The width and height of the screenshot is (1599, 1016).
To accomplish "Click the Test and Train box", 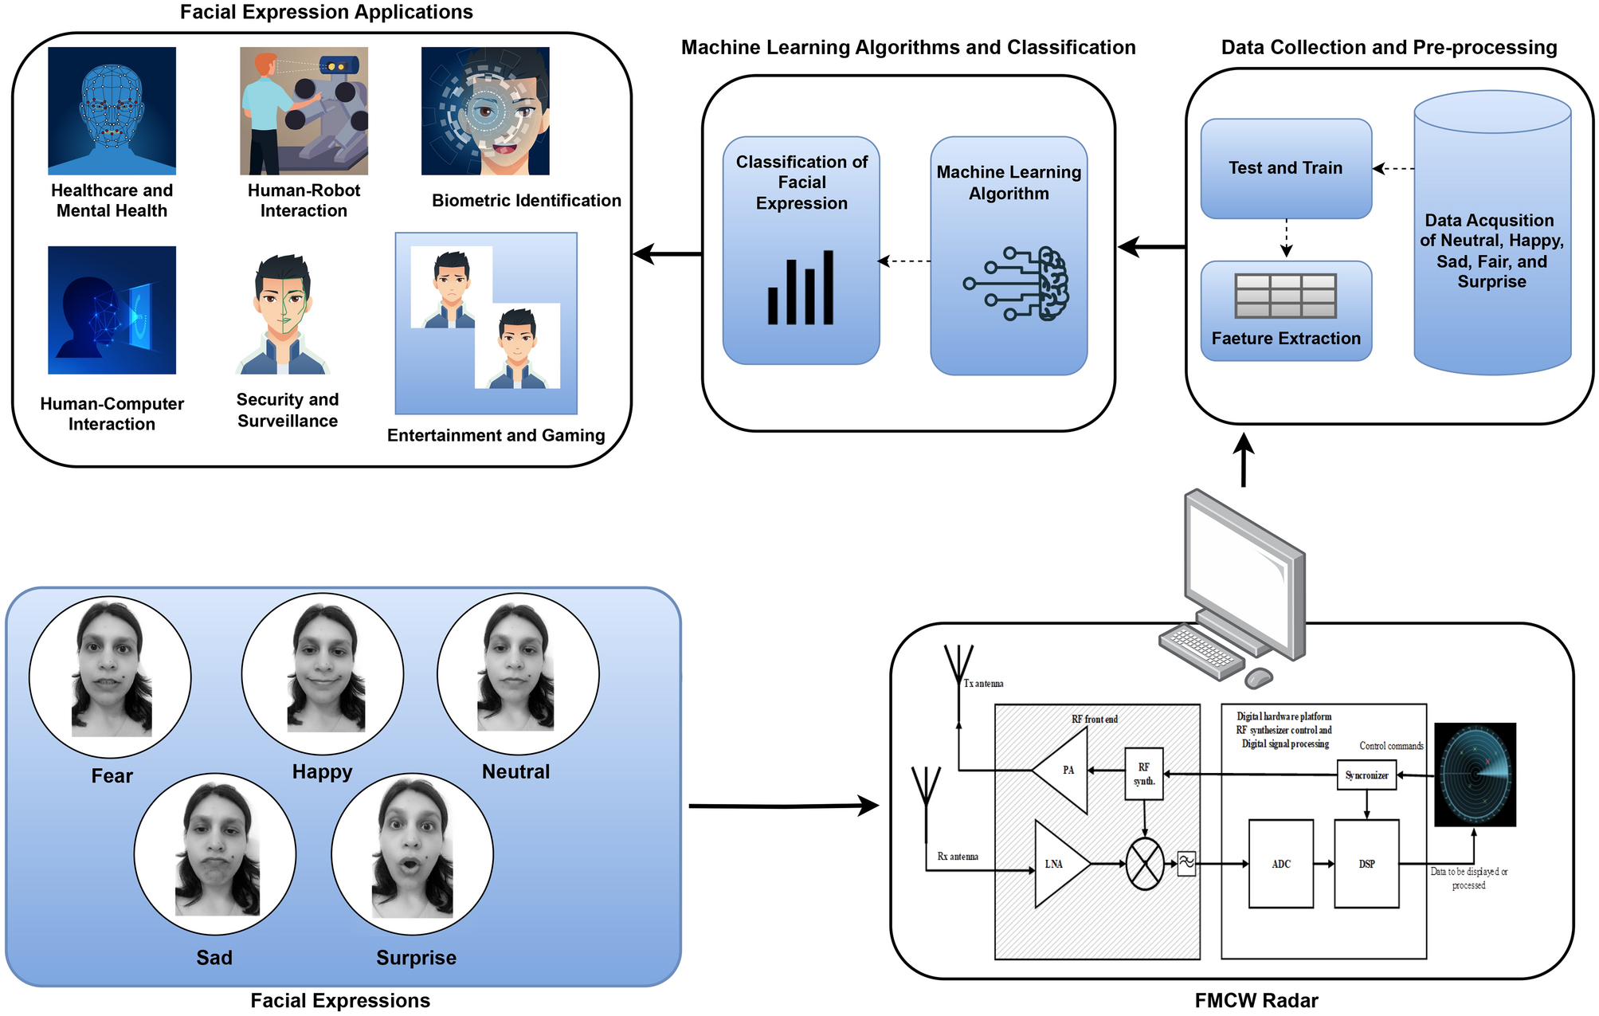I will pos(1285,168).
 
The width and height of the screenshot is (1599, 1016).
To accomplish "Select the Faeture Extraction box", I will pos(1285,311).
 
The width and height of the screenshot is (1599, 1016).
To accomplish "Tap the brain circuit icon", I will pos(1020,284).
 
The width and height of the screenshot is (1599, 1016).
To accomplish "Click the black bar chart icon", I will pos(800,288).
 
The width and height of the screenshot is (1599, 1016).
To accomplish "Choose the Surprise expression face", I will pos(412,853).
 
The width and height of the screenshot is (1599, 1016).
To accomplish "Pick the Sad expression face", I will pos(214,853).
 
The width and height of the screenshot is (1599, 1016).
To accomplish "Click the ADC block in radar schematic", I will pos(1280,864).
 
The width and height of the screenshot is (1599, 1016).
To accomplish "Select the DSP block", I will pos(1366,864).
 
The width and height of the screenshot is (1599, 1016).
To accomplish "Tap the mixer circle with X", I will pos(1145,864).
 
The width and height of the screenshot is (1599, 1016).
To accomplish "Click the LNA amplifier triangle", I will pos(1057,864).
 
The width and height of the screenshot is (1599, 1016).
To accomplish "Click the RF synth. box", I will pos(1143,774).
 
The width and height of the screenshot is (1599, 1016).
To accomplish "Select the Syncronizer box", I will pos(1366,775).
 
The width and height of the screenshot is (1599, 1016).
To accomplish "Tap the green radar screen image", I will pos(1475,774).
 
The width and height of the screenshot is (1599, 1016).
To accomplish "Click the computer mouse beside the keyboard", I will pos(1259,677).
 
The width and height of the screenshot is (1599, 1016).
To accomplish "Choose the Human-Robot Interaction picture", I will pos(304,111).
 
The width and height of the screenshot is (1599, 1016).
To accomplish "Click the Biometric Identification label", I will pos(526,201).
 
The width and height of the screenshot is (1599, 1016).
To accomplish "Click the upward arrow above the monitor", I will pos(1244,460).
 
